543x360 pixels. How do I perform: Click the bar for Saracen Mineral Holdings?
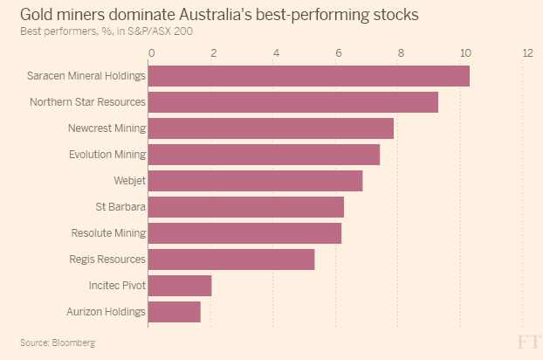[308, 76]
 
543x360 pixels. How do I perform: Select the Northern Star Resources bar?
[292, 102]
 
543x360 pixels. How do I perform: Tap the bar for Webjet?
[255, 181]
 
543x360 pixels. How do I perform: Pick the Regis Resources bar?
[230, 260]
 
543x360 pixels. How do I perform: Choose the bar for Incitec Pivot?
[180, 286]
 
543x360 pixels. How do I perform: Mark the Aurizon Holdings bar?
[174, 312]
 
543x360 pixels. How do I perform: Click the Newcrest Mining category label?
[107, 128]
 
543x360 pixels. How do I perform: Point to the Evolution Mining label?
[107, 155]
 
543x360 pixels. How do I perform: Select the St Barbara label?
[120, 207]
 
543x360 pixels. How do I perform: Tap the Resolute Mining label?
[108, 233]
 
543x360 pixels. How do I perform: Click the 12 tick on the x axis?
[527, 53]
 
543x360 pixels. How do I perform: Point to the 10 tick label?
[464, 53]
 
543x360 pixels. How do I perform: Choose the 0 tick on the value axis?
[152, 53]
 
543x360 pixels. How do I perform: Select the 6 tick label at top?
[340, 53]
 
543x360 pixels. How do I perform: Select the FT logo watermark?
[526, 341]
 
